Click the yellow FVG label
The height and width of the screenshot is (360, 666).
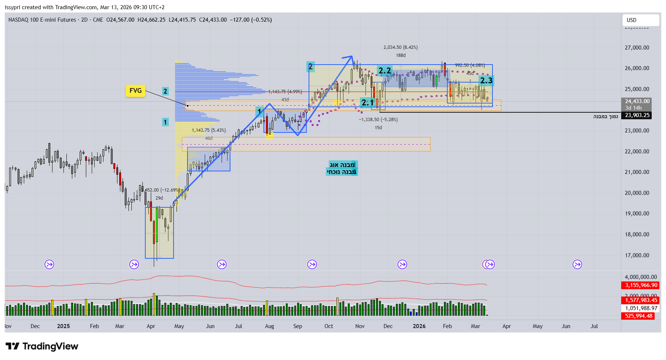pyautogui.click(x=135, y=91)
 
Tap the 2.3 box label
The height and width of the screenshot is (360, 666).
pyautogui.click(x=486, y=80)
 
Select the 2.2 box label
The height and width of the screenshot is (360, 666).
pyautogui.click(x=385, y=70)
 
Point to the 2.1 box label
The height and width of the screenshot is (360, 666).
pyautogui.click(x=367, y=102)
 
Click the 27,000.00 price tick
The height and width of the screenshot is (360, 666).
pyautogui.click(x=637, y=48)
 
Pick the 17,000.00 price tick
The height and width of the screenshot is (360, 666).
pyautogui.click(x=637, y=255)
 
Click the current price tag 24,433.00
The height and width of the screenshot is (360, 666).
pyautogui.click(x=637, y=101)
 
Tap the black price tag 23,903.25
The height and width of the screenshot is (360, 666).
pyautogui.click(x=637, y=115)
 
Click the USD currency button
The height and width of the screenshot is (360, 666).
pyautogui.click(x=641, y=20)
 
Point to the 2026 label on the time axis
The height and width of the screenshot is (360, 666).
pyautogui.click(x=419, y=326)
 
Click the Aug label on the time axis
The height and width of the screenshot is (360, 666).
pyautogui.click(x=269, y=326)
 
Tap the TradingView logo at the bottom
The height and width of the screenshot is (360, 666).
pyautogui.click(x=42, y=346)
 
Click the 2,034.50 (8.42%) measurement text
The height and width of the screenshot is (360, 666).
pyautogui.click(x=400, y=47)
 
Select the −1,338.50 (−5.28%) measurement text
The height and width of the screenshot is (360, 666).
pyautogui.click(x=378, y=120)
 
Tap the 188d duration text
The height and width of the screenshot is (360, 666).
pyautogui.click(x=401, y=55)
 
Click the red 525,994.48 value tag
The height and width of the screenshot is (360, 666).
pyautogui.click(x=638, y=316)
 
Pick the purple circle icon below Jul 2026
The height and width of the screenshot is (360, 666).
pyautogui.click(x=577, y=264)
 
